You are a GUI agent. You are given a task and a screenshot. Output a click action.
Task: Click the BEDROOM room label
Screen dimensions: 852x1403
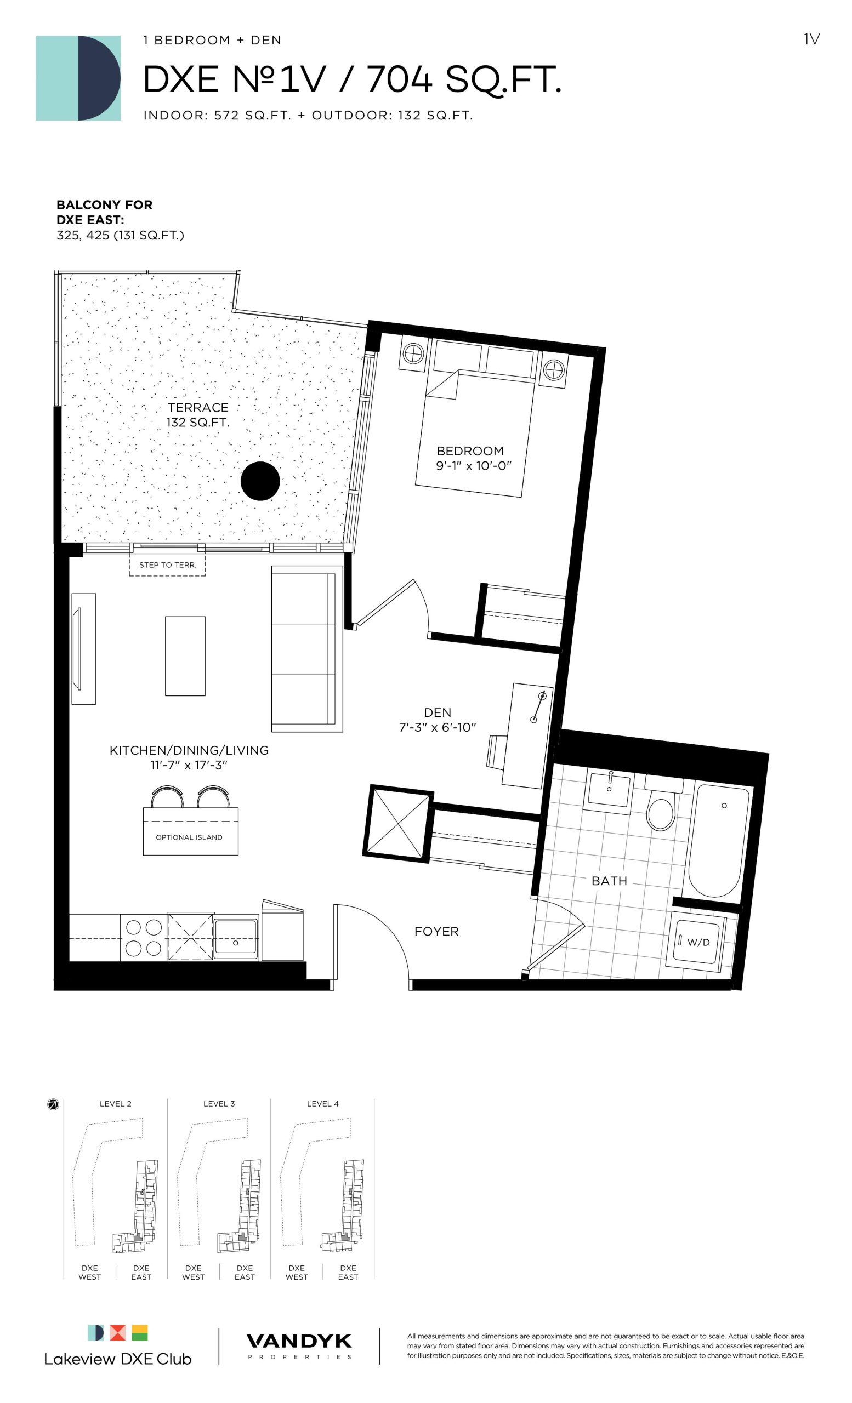pyautogui.click(x=470, y=451)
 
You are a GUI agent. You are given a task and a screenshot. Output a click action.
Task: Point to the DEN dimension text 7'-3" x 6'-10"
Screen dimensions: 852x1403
pyautogui.click(x=437, y=727)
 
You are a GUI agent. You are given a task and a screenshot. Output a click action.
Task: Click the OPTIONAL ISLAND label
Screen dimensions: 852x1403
pyautogui.click(x=189, y=837)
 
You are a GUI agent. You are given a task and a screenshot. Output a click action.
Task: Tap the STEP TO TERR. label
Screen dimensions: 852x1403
pyautogui.click(x=167, y=565)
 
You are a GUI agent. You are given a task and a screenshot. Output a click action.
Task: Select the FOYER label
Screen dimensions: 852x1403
pyautogui.click(x=436, y=932)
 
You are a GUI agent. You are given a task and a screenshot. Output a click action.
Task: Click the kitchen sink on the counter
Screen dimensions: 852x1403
pyautogui.click(x=236, y=937)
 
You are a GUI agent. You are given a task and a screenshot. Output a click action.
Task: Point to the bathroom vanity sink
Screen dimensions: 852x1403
pyautogui.click(x=609, y=790)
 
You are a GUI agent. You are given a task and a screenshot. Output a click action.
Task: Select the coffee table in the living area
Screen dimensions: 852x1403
pyautogui.click(x=185, y=656)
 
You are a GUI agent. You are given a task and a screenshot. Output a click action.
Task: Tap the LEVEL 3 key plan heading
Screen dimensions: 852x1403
pyautogui.click(x=219, y=1104)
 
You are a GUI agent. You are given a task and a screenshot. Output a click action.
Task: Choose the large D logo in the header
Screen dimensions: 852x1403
pyautogui.click(x=78, y=78)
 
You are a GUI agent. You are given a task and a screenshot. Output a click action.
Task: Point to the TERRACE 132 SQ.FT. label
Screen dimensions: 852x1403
pyautogui.click(x=197, y=415)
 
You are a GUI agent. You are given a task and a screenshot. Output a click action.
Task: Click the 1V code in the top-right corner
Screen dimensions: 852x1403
pyautogui.click(x=811, y=39)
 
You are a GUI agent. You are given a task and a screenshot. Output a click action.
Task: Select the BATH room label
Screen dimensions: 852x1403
pyautogui.click(x=609, y=881)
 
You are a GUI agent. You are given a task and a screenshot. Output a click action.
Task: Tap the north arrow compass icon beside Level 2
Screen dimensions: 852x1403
pyautogui.click(x=53, y=1105)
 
